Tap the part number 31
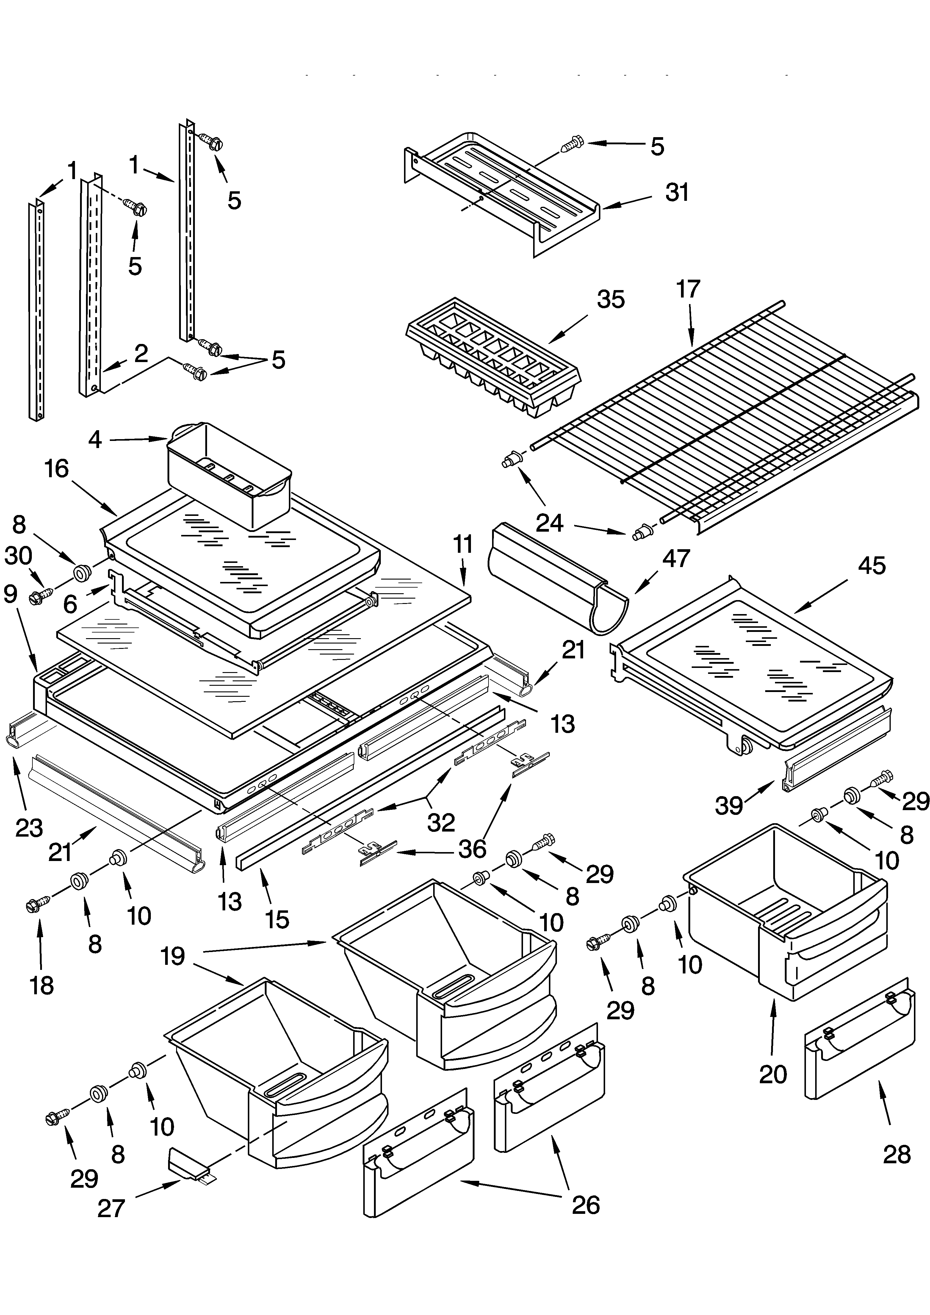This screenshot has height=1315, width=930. tap(677, 193)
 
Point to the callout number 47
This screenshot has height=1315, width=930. tap(676, 558)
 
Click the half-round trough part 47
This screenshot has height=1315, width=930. tap(558, 578)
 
